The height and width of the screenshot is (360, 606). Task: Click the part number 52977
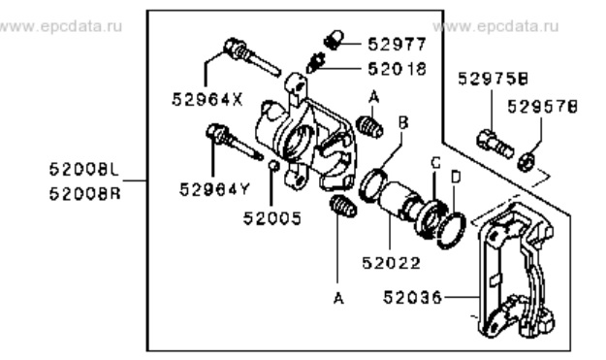397,44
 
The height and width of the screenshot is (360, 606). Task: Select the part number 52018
397,69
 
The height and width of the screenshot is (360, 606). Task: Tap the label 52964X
207,99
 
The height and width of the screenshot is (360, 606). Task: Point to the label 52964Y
215,189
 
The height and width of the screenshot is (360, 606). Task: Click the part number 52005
271,218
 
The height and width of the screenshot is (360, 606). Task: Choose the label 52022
391,263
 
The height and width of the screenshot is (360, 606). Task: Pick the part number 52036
412,298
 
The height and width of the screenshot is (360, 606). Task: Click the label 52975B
494,79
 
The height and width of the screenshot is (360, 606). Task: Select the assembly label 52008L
84,170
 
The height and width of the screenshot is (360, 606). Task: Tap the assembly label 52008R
85,193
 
